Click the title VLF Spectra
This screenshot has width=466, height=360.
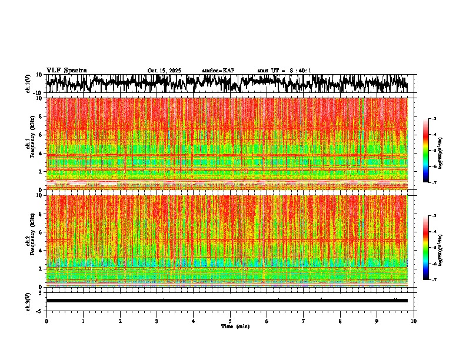click(x=66, y=71)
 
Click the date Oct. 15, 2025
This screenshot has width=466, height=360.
click(x=164, y=71)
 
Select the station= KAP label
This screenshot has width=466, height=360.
click(x=218, y=71)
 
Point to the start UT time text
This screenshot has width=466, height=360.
click(x=284, y=71)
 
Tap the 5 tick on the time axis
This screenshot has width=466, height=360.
click(x=230, y=321)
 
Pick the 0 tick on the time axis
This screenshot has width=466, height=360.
click(x=46, y=321)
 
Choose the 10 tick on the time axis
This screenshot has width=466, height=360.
click(x=414, y=321)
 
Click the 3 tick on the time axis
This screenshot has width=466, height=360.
click(x=157, y=321)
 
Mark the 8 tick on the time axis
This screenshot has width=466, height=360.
click(x=340, y=321)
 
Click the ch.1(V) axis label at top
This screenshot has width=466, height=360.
click(x=28, y=84)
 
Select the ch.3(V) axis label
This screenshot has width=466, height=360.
click(x=28, y=301)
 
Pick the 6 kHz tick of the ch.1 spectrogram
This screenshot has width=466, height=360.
click(x=41, y=135)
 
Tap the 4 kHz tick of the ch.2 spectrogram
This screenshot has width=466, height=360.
click(x=41, y=251)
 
